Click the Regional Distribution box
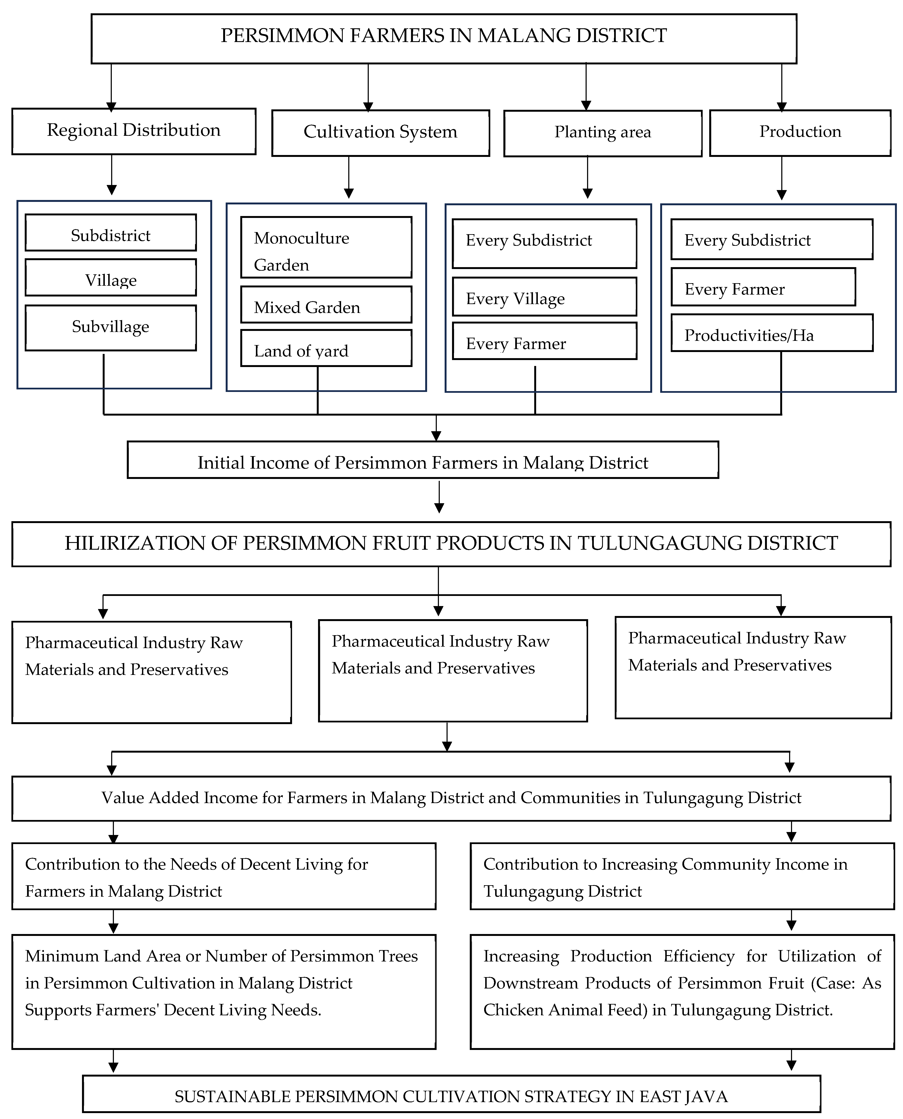tap(134, 131)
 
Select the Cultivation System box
tap(380, 133)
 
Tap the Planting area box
tap(602, 133)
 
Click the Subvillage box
tap(111, 328)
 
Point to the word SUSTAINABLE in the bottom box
tap(232, 1097)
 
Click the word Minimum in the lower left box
tap(61, 956)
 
